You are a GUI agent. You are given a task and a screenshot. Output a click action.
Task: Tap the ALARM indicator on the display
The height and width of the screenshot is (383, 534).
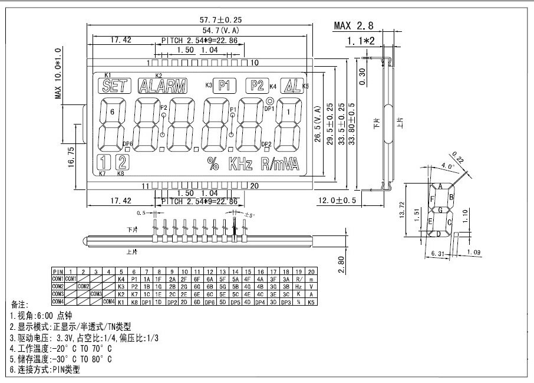pyautogui.click(x=161, y=86)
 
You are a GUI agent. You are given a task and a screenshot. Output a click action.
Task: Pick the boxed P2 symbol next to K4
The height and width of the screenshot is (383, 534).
pyautogui.click(x=257, y=85)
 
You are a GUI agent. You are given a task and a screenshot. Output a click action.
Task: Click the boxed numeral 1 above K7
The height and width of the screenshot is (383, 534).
pyautogui.click(x=104, y=162)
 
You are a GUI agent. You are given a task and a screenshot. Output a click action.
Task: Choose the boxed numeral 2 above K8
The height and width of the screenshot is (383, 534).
pyautogui.click(x=123, y=162)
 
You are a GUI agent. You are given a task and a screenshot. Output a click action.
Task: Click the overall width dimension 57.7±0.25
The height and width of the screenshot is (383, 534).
pyautogui.click(x=207, y=19)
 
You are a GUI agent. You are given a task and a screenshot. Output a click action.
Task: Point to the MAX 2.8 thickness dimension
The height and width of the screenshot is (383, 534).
pyautogui.click(x=353, y=25)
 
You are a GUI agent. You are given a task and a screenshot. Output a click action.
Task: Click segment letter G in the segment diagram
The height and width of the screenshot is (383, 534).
pyautogui.click(x=440, y=210)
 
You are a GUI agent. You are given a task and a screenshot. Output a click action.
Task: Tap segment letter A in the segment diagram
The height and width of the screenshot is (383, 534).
pyautogui.click(x=440, y=186)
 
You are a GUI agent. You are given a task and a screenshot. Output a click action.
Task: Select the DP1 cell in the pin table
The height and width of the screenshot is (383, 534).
pyautogui.click(x=146, y=302)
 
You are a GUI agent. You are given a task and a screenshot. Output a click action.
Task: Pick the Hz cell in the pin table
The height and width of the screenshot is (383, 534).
pyautogui.click(x=299, y=286)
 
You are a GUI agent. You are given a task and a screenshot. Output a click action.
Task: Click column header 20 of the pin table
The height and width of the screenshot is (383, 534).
pyautogui.click(x=312, y=270)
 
